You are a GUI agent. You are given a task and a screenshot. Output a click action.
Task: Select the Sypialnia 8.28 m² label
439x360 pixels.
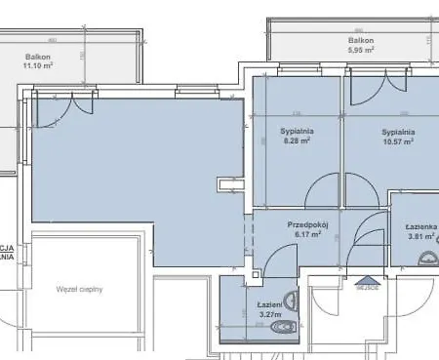(297, 137)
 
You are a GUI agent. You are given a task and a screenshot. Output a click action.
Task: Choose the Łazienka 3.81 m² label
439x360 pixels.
(421, 231)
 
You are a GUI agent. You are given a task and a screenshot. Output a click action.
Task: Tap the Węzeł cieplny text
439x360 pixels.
(80, 289)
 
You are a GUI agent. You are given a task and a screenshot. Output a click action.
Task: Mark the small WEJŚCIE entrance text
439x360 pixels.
(367, 289)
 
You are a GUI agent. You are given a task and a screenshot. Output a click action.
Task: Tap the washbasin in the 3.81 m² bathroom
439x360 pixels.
(428, 260)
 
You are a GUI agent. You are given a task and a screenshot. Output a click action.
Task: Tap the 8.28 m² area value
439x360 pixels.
(297, 141)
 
